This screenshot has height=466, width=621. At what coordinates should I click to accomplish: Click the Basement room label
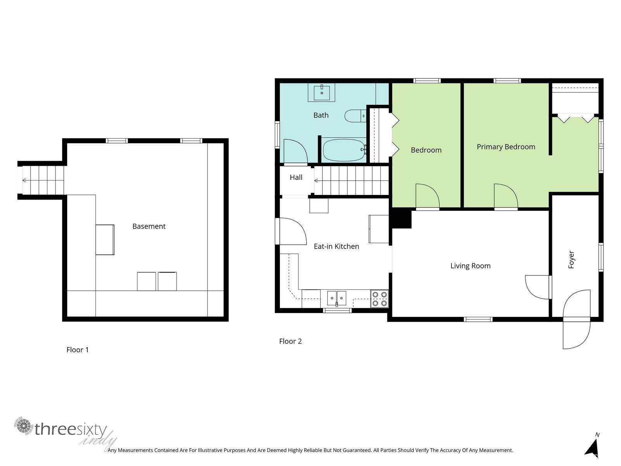pyautogui.click(x=149, y=226)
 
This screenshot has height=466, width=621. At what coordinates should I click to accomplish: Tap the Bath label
pyautogui.click(x=321, y=115)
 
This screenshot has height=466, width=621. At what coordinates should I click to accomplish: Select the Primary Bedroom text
pyautogui.click(x=506, y=147)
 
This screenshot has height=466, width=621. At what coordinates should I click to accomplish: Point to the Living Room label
pyautogui.click(x=470, y=266)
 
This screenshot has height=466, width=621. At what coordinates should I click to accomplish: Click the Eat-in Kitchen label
pyautogui.click(x=337, y=247)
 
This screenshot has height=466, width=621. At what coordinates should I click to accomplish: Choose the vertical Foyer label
pyautogui.click(x=571, y=259)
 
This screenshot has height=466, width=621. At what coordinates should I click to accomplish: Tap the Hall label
pyautogui.click(x=296, y=177)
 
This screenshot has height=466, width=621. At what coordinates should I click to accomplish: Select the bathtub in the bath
pyautogui.click(x=344, y=150)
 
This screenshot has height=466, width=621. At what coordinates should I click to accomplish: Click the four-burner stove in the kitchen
pyautogui.click(x=379, y=299)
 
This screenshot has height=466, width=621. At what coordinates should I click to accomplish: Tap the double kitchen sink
pyautogui.click(x=337, y=298)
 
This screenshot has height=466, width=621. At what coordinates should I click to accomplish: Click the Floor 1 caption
pyautogui.click(x=78, y=350)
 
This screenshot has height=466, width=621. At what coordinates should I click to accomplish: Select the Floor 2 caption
pyautogui.click(x=290, y=341)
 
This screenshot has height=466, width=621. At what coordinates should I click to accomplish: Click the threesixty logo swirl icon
pyautogui.click(x=24, y=426)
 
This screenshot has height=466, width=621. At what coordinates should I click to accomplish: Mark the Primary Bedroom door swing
pyautogui.click(x=506, y=196)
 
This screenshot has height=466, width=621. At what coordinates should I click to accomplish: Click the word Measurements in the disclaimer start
pyautogui.click(x=136, y=450)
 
